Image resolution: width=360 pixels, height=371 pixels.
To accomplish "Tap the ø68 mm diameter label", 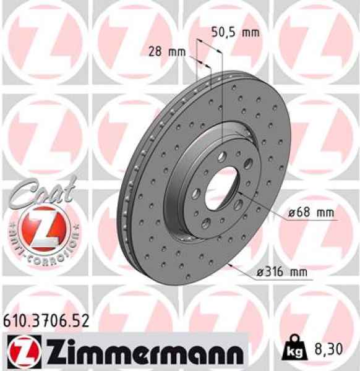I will [x=312, y=213].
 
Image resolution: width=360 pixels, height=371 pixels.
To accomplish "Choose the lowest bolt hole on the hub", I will [x=207, y=222].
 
